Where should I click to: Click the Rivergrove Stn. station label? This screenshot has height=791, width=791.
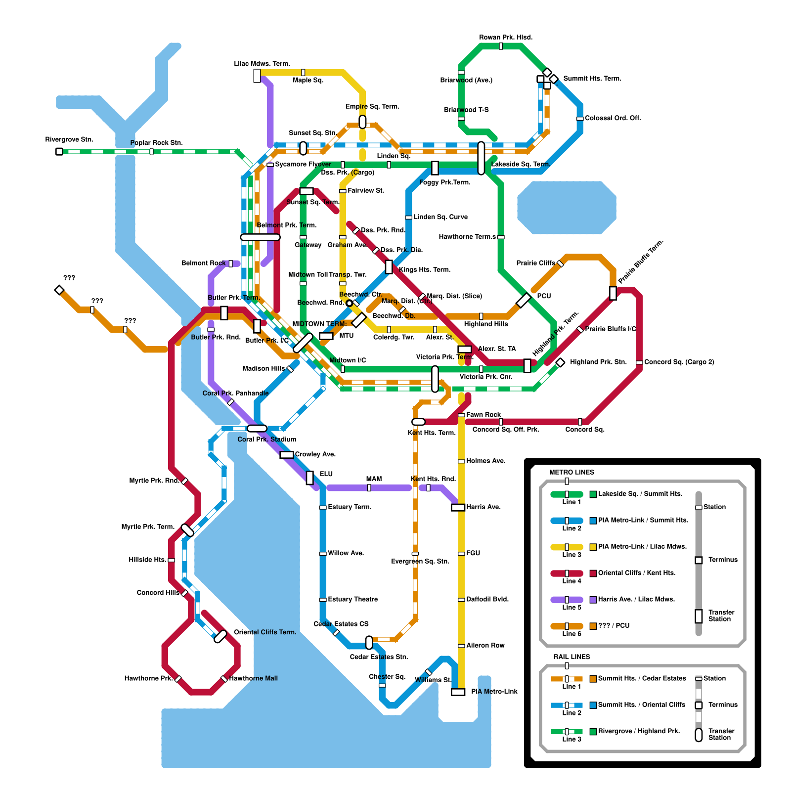pyautogui.click(x=69, y=140)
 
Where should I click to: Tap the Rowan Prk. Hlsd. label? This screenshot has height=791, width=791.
pyautogui.click(x=505, y=38)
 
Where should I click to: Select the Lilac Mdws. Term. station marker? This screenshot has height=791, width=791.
pyautogui.click(x=257, y=76)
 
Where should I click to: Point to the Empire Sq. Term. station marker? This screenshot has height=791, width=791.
pyautogui.click(x=362, y=122)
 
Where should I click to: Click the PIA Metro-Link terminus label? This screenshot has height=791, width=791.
pyautogui.click(x=494, y=692)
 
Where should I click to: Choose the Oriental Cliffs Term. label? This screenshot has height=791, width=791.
pyautogui.click(x=265, y=632)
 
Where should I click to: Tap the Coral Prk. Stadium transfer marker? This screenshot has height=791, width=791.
pyautogui.click(x=257, y=429)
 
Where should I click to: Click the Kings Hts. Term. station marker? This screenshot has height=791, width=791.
pyautogui.click(x=389, y=267)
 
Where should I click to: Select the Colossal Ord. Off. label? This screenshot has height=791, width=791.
pyautogui.click(x=613, y=118)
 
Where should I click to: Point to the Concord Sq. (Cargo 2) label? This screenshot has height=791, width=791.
pyautogui.click(x=679, y=362)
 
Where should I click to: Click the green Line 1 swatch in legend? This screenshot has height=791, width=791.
pyautogui.click(x=567, y=494)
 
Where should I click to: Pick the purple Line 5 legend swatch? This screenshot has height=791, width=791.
pyautogui.click(x=567, y=600)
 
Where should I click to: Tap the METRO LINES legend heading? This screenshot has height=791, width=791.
pyautogui.click(x=571, y=473)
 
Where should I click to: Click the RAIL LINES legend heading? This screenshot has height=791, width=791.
pyautogui.click(x=571, y=657)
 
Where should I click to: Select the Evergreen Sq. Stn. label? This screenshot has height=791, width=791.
pyautogui.click(x=420, y=562)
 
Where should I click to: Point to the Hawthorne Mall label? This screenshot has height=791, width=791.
pyautogui.click(x=253, y=678)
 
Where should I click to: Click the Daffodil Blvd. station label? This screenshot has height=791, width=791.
pyautogui.click(x=487, y=599)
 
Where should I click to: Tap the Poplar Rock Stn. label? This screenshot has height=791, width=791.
pyautogui.click(x=156, y=143)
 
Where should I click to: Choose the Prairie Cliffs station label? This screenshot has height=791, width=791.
pyautogui.click(x=535, y=263)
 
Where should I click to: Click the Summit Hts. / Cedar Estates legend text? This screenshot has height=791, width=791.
pyautogui.click(x=642, y=678)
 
